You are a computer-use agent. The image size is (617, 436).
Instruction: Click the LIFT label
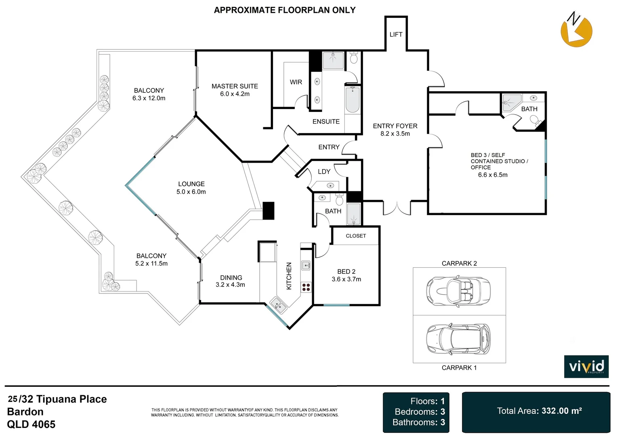click(x=396, y=34)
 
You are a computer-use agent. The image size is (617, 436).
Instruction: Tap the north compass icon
click(x=576, y=29)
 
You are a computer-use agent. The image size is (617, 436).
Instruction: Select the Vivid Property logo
click(x=586, y=366)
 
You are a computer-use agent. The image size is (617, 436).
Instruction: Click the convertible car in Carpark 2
click(x=458, y=290)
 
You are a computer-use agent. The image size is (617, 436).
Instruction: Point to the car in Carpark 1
click(x=458, y=338)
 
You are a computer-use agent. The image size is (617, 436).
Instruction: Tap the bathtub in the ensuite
click(x=353, y=100)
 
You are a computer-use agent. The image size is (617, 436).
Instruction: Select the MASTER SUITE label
click(x=235, y=86)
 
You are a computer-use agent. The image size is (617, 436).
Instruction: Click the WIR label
click(x=296, y=82)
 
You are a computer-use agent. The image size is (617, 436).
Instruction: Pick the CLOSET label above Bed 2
click(x=356, y=236)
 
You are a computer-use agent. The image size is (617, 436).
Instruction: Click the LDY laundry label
click(x=324, y=172)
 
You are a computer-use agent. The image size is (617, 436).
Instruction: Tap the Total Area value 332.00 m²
click(x=562, y=411)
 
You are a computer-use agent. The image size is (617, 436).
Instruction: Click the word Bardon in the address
click(x=25, y=412)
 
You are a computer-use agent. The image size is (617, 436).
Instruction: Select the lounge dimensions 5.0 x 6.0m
click(x=191, y=192)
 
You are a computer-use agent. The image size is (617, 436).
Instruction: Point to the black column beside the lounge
click(x=268, y=211)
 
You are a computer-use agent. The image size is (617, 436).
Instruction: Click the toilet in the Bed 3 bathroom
click(x=536, y=121)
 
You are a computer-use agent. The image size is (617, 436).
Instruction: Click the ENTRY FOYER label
click(x=395, y=126)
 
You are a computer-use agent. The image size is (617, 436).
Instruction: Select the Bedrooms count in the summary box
click(x=420, y=412)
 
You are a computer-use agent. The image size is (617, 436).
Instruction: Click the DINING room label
click(x=231, y=278)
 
